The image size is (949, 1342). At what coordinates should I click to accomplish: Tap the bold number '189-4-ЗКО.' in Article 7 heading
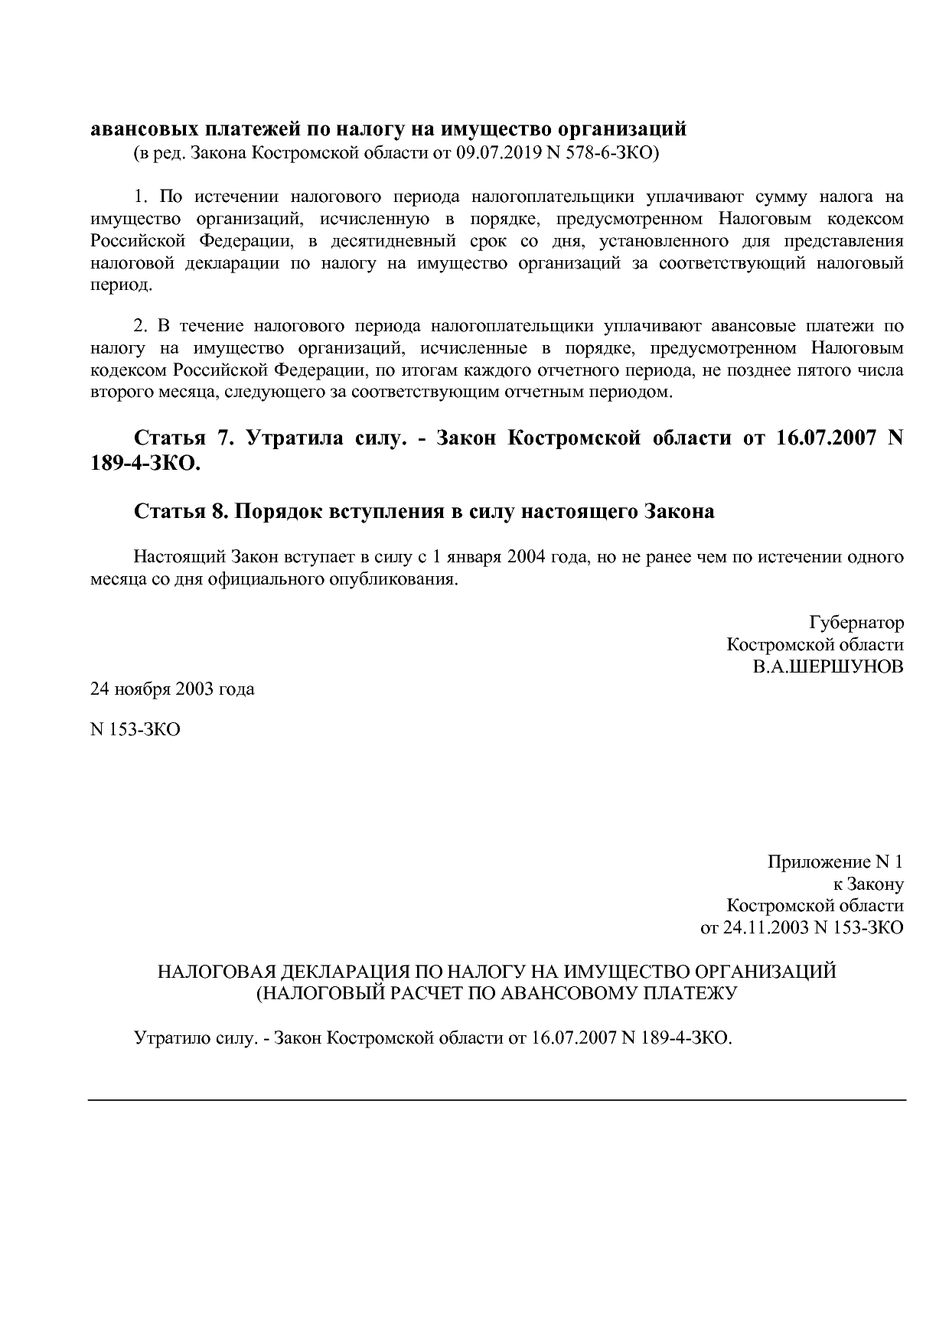coord(145,464)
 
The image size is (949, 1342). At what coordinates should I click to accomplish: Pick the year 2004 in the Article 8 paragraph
coord(525,556)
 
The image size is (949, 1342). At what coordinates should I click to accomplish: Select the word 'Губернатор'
coord(856,622)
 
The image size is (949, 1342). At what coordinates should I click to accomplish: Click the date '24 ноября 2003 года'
coord(172,689)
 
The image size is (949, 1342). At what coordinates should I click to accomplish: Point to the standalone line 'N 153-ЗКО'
coord(135,729)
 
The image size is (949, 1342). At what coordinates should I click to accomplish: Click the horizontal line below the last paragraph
coord(497,1100)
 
